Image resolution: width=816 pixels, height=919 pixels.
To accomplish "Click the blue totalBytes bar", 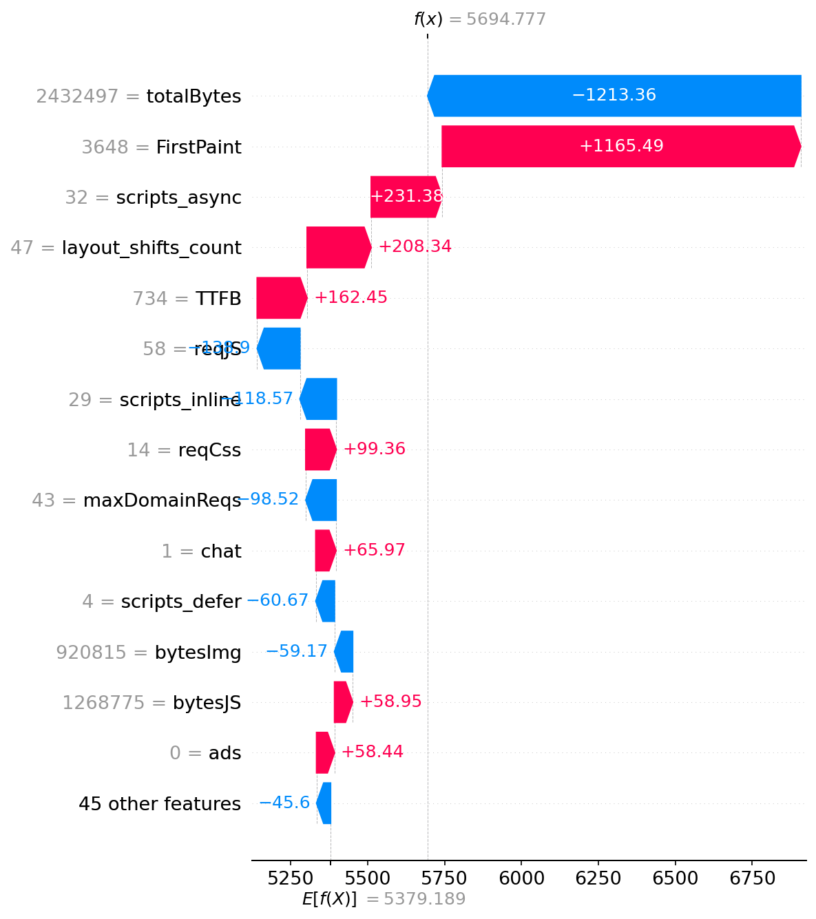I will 614,96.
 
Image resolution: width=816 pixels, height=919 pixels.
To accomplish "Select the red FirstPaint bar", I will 621,146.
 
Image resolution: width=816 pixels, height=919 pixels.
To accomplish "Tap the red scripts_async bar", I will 406,197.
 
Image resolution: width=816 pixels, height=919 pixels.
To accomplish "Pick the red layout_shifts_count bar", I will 338,247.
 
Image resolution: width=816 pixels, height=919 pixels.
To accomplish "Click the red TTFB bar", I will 281,298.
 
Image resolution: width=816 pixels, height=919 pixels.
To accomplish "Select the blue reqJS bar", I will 279,348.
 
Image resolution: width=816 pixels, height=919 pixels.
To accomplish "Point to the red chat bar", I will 325,550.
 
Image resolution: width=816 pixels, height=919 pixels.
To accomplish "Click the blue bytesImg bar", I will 344,651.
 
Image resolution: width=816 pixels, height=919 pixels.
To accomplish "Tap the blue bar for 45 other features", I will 324,803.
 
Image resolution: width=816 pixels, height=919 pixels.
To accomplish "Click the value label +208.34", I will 415,246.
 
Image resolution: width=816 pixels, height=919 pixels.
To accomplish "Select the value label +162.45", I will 351,297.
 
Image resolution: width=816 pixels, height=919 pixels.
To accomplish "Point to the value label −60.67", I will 277,600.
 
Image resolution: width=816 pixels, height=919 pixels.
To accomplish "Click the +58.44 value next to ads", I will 372,752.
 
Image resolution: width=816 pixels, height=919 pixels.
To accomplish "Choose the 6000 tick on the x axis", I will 521,879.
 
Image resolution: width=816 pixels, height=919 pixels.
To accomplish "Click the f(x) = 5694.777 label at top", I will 479,19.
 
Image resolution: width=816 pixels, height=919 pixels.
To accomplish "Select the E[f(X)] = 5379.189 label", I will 384,899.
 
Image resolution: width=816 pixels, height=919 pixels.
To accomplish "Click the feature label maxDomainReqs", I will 162,500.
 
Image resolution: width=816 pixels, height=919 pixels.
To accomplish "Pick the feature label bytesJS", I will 207,703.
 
